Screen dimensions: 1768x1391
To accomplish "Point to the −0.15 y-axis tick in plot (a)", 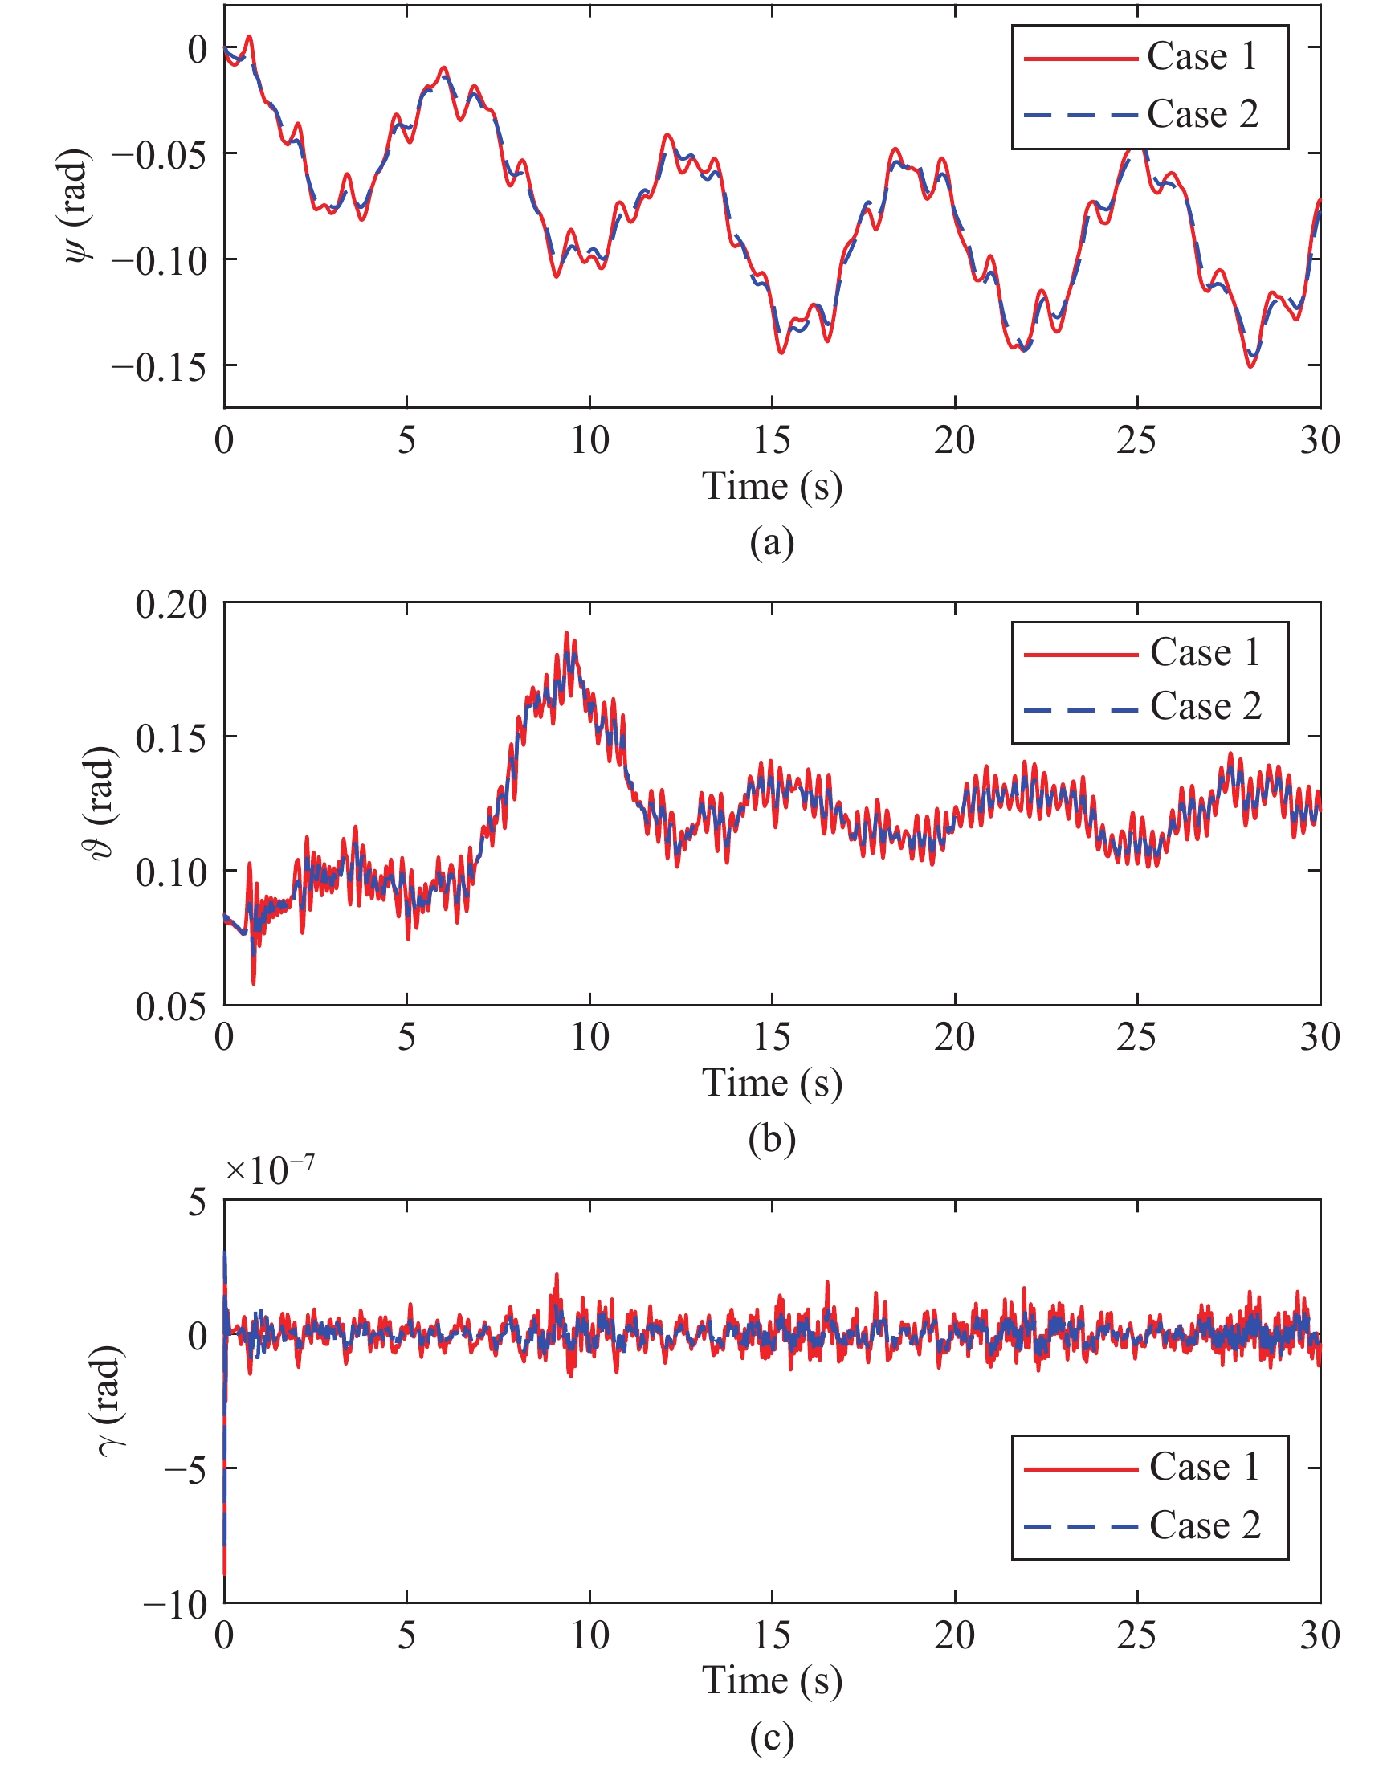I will pyautogui.click(x=159, y=367).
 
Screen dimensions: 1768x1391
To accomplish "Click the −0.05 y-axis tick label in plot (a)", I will pyautogui.click(x=159, y=155).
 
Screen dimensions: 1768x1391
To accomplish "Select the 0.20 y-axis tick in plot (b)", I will pyautogui.click(x=171, y=605).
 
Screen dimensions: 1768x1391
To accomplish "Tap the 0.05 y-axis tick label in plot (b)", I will pyautogui.click(x=171, y=1007).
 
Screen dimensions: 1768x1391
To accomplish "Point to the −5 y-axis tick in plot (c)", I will pyautogui.click(x=185, y=1472).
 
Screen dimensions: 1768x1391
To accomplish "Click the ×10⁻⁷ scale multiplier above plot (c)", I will pyautogui.click(x=270, y=1170).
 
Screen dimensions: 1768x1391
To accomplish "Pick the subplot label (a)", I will pyautogui.click(x=771, y=542).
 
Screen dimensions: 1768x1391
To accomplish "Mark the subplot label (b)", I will pyautogui.click(x=771, y=1139).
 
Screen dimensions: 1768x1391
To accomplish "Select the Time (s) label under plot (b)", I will pyautogui.click(x=771, y=1083).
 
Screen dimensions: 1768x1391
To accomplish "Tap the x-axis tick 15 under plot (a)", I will pyautogui.click(x=771, y=440).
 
